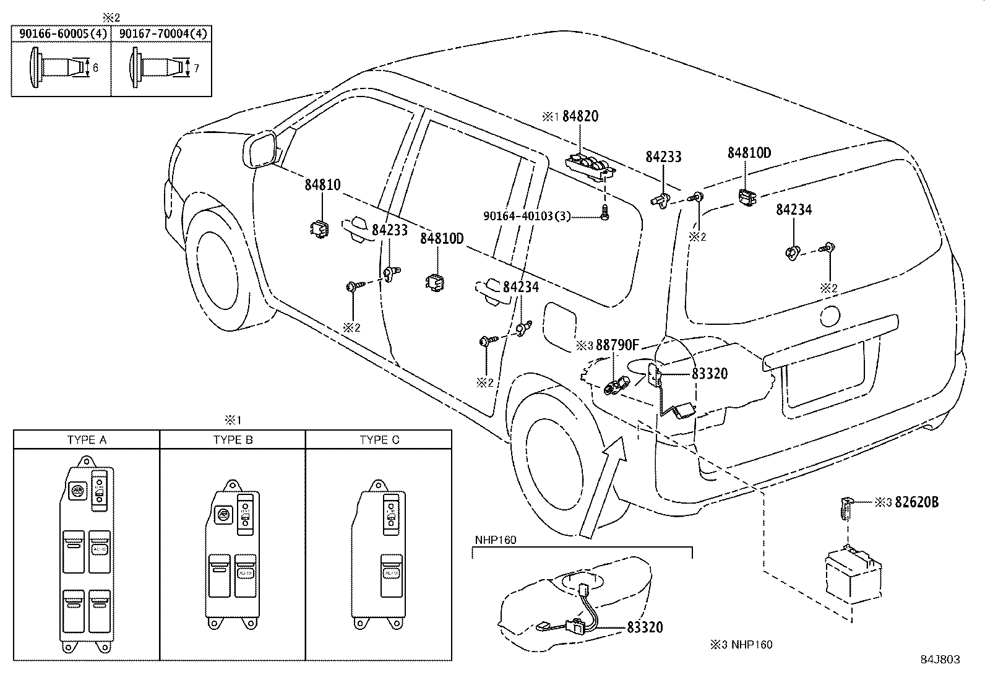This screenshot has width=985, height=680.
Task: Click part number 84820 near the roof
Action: pos(580,116)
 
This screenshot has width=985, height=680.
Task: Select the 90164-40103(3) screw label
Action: pos(527,216)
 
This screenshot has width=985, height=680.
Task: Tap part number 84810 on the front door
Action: pos(322,184)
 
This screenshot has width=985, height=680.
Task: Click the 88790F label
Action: pos(616,345)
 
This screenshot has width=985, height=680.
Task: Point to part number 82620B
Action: pos(916,502)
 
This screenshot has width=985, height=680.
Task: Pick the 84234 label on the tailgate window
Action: pos(794,210)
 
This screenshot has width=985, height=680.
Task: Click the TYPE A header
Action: pos(87,440)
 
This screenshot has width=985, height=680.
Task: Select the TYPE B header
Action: pos(233,440)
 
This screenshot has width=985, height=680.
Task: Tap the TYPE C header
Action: pos(379,440)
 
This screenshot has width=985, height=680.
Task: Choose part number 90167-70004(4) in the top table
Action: pos(162,33)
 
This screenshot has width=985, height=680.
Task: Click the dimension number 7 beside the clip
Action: pos(196,69)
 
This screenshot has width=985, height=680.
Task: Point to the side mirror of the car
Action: pos(260,149)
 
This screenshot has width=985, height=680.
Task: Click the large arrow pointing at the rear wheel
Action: pos(603,486)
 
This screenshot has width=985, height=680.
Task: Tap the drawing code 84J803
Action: pos(939,660)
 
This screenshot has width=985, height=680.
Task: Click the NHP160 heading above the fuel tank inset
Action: pos(495,540)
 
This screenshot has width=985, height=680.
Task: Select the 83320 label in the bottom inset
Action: pos(645,627)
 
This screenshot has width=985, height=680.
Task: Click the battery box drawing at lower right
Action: pos(851,575)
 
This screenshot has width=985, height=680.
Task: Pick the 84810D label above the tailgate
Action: pos(749,153)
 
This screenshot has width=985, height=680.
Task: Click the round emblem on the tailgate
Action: pos(829,317)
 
